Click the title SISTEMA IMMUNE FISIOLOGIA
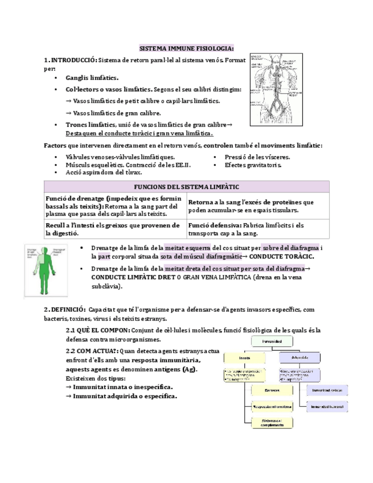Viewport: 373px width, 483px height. click(187, 48)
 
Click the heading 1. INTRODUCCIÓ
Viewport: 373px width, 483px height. click(71, 60)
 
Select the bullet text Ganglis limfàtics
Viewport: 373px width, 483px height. click(92, 78)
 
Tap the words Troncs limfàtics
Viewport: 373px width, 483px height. click(91, 125)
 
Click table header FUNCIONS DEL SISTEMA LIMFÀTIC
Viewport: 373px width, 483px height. click(186, 187)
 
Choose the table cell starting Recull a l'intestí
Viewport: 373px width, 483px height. click(114, 229)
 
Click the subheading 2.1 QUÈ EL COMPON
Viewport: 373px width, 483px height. click(97, 330)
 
